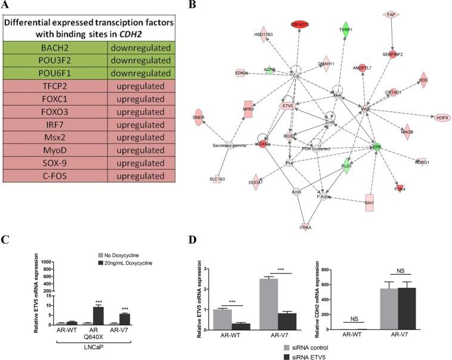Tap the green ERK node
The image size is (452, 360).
(376, 146)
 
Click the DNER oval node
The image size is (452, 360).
(215, 117)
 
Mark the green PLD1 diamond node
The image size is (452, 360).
(344, 167)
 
